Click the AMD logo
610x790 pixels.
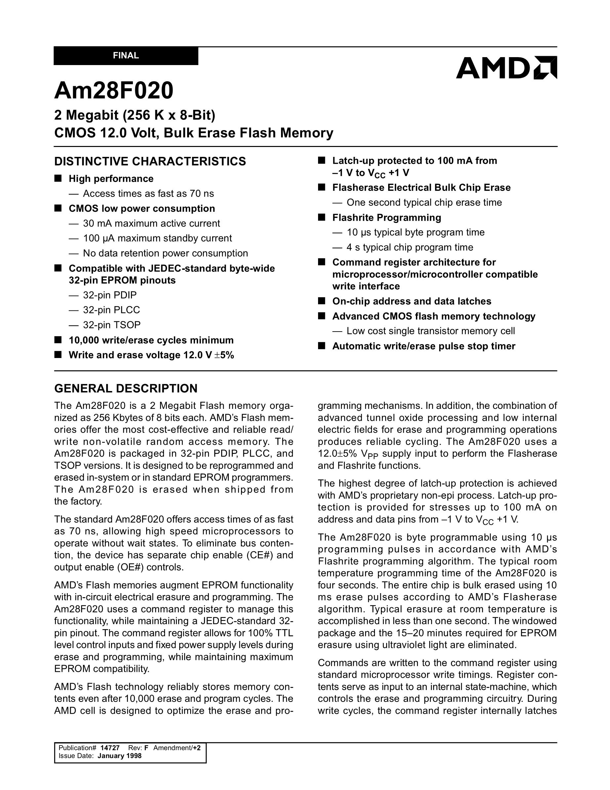(506, 68)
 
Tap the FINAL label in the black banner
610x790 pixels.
(126, 56)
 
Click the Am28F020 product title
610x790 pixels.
(114, 90)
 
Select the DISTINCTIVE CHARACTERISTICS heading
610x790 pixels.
(150, 161)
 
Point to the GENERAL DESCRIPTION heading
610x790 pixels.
(126, 388)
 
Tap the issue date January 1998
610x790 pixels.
(119, 756)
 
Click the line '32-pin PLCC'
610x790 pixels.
(111, 310)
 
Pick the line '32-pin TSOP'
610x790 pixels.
(111, 325)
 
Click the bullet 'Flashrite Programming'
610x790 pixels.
(386, 217)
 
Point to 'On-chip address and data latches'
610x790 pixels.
(412, 301)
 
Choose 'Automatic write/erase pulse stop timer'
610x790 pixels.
(424, 346)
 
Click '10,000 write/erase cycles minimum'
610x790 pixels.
(151, 341)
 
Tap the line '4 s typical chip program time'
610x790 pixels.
(410, 247)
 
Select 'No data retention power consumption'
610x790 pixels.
(165, 253)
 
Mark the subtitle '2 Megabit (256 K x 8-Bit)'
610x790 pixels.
(135, 115)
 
